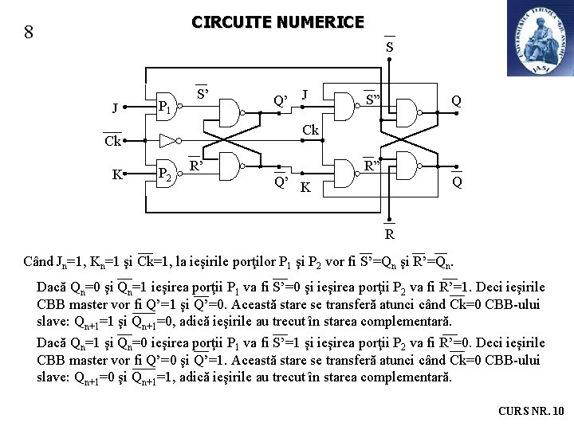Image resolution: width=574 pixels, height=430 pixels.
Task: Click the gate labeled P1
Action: tap(166, 107)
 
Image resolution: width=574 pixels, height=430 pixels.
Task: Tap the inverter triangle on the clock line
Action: tap(167, 141)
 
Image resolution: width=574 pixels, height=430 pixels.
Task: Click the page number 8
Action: tap(29, 33)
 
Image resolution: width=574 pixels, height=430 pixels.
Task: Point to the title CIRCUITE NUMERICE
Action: tap(277, 22)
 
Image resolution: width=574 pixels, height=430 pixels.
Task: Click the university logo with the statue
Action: tap(539, 38)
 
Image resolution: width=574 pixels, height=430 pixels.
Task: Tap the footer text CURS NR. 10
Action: tap(530, 411)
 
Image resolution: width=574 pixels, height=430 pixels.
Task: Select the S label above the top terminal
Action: tap(389, 47)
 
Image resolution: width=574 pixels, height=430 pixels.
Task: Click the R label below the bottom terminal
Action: tap(389, 234)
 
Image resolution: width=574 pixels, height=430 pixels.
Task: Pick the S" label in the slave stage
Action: tap(372, 100)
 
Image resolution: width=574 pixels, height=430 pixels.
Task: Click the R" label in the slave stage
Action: tap(372, 166)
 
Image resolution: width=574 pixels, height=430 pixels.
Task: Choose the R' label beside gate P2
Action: tap(197, 166)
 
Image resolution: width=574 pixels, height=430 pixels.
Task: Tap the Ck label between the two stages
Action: tap(310, 130)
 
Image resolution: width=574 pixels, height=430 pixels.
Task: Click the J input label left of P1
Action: tap(116, 107)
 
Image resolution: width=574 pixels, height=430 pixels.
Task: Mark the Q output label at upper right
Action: tap(456, 101)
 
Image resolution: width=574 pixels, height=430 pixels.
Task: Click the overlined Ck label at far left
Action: tap(112, 142)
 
